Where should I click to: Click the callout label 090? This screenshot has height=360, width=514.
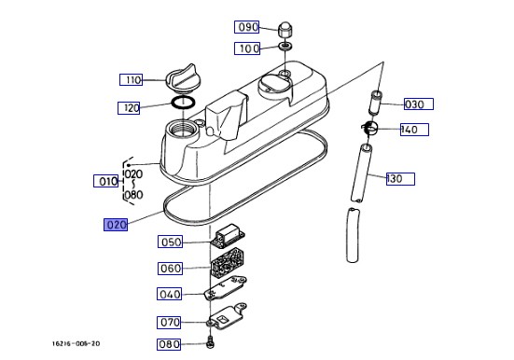click(247, 27)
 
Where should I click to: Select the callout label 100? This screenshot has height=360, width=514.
click(247, 48)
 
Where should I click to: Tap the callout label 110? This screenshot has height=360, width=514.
click(131, 79)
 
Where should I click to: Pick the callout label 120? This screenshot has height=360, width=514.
click(129, 108)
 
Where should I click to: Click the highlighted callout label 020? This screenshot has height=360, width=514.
click(116, 225)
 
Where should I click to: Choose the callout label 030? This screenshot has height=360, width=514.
click(419, 104)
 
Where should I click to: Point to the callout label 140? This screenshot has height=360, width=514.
click(414, 130)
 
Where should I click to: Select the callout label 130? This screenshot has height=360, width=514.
click(400, 179)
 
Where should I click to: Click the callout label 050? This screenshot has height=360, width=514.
click(170, 242)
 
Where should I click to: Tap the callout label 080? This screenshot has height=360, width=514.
click(169, 344)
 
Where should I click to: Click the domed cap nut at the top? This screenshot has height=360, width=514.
click(285, 30)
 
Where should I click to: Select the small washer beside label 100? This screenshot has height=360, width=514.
click(285, 47)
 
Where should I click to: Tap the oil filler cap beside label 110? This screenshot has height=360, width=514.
click(182, 77)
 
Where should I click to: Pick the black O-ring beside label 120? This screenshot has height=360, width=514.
click(183, 103)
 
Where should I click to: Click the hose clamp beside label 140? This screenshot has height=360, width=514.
click(369, 128)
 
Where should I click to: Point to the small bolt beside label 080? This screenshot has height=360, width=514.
click(210, 342)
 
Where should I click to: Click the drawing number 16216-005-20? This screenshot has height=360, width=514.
click(76, 343)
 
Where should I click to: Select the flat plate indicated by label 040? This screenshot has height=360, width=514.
click(226, 288)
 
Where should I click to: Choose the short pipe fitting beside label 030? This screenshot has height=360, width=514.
click(375, 103)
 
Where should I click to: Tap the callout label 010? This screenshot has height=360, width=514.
click(106, 181)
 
